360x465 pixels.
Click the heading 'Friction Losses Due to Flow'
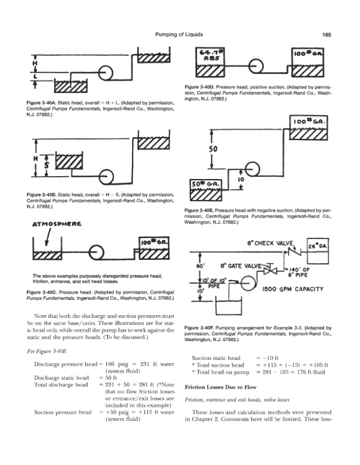219,386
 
